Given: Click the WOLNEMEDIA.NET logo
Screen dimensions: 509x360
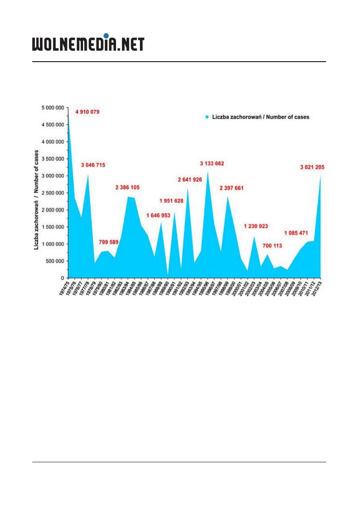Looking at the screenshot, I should [x=88, y=44].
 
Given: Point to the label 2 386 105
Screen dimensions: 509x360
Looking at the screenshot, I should [x=128, y=187].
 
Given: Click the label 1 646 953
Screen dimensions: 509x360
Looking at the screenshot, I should [x=158, y=216].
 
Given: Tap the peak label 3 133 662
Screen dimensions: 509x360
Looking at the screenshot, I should [x=212, y=164].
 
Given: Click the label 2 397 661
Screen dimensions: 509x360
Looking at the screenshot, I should [x=232, y=188].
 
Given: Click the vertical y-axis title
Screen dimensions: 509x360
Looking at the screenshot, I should [x=36, y=199].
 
